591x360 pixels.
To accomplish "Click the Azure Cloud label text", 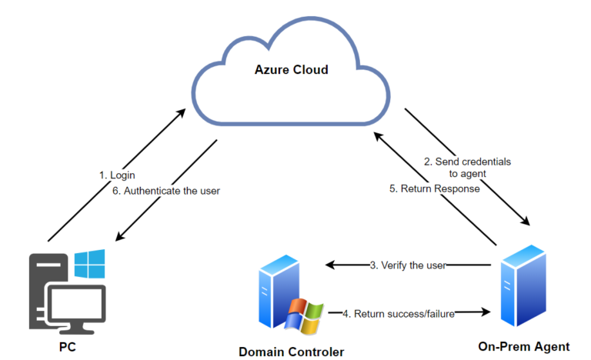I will [x=292, y=70].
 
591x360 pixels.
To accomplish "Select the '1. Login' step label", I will [x=117, y=175].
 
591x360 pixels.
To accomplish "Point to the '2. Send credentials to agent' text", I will [x=467, y=168].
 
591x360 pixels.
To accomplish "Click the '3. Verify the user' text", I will [x=408, y=265].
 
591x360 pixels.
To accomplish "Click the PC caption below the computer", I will [x=68, y=347].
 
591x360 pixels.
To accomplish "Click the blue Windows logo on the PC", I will [x=91, y=264].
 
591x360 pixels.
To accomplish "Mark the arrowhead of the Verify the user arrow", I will [x=329, y=265].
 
